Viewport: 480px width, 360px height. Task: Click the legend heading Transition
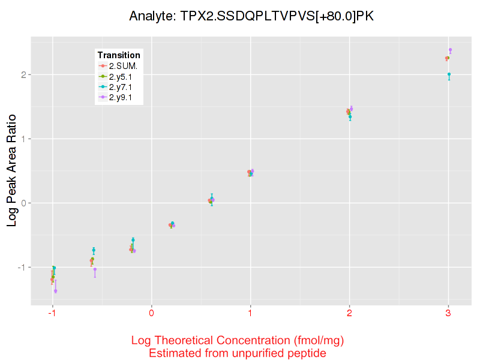click(x=119, y=55)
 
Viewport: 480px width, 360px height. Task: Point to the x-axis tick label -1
click(x=52, y=313)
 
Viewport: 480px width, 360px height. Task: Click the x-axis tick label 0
click(x=152, y=313)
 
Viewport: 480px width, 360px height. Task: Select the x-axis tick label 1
click(x=250, y=313)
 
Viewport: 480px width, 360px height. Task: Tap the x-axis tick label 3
click(x=448, y=313)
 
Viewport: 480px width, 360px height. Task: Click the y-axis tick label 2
click(x=23, y=75)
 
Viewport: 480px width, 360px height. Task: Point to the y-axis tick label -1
click(x=22, y=267)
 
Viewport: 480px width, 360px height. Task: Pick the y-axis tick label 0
click(x=23, y=203)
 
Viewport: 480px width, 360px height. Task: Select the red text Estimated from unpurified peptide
click(x=238, y=353)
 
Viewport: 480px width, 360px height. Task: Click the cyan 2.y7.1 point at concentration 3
click(x=449, y=74)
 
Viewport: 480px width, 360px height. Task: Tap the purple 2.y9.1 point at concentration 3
click(x=450, y=50)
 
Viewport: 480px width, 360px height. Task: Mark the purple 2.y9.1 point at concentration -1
click(x=55, y=291)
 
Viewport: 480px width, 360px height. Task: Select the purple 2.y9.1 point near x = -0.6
click(x=95, y=269)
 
